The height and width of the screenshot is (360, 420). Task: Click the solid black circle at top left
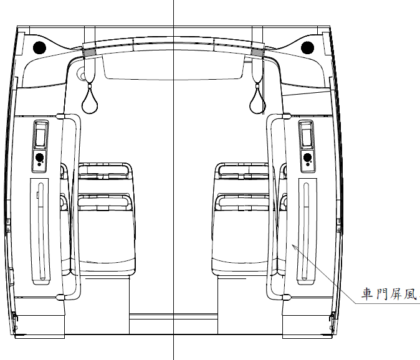click(x=39, y=48)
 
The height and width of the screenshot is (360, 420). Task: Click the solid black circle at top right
click(x=307, y=48)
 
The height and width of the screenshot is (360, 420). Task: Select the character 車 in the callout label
click(x=367, y=293)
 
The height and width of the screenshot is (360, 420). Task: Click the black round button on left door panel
click(x=39, y=157)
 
